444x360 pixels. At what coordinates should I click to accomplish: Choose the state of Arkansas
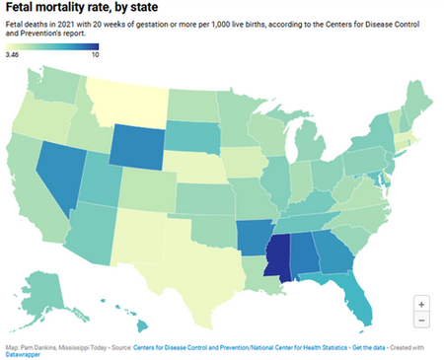click(253, 238)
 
